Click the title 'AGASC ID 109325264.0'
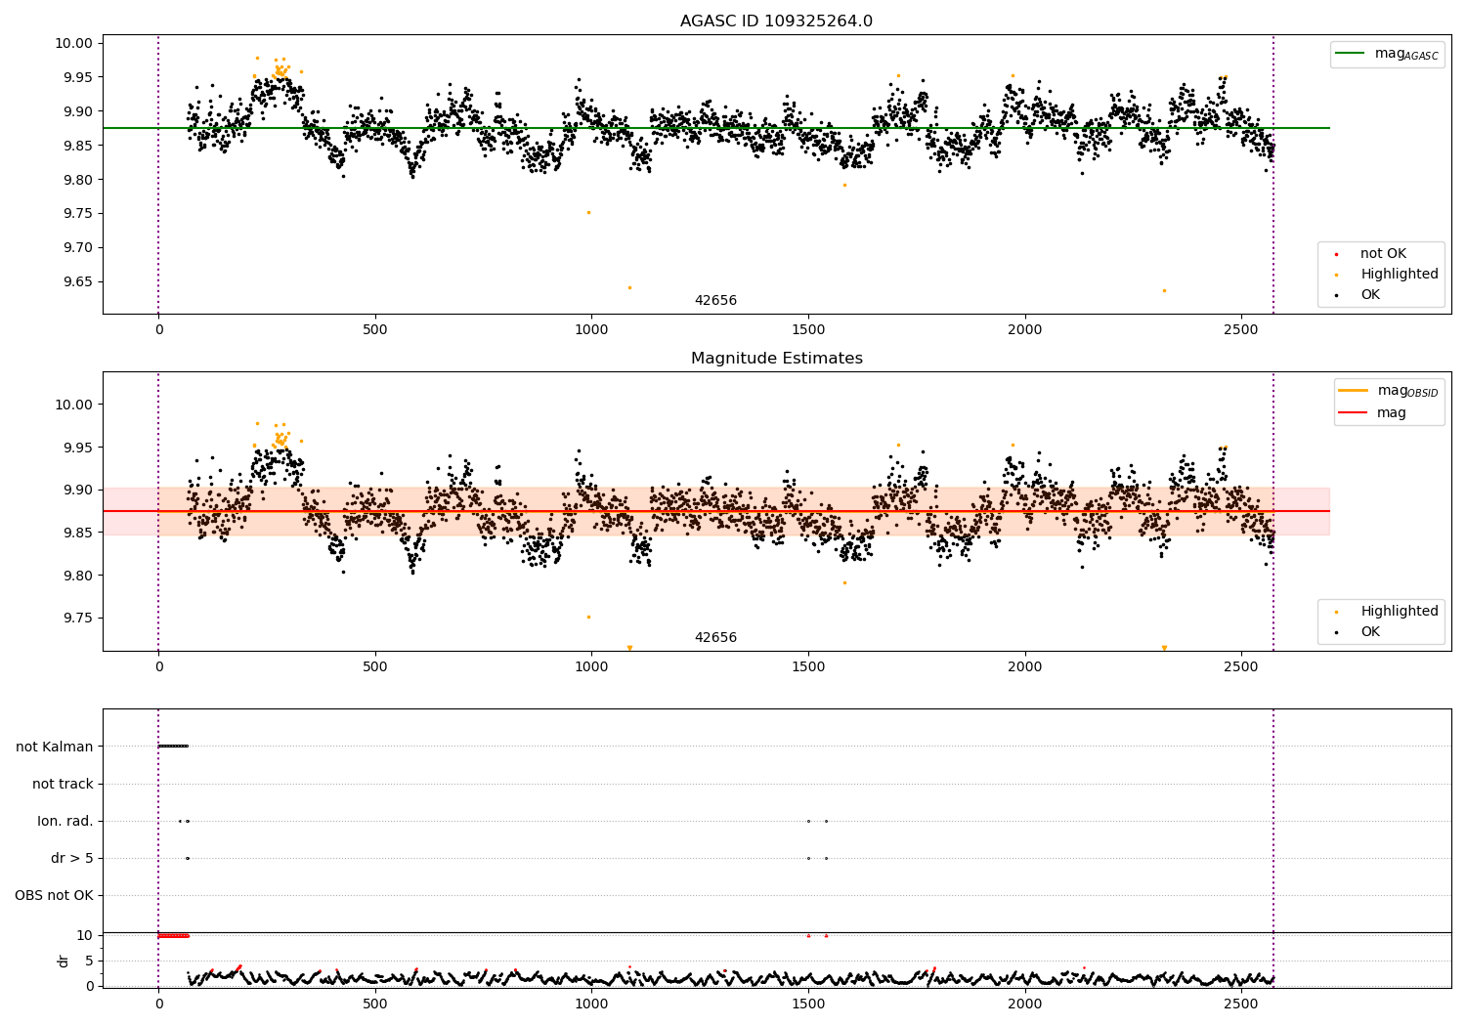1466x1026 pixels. click(776, 21)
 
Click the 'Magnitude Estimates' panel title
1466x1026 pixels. click(776, 359)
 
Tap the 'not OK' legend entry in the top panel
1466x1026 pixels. click(1382, 254)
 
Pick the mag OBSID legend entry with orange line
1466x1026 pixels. click(1388, 391)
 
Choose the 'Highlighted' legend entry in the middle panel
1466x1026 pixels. click(1399, 612)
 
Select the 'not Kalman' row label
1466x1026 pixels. click(55, 747)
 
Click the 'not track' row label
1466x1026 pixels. click(63, 784)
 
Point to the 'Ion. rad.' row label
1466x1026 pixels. click(65, 821)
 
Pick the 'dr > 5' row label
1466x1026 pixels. click(71, 858)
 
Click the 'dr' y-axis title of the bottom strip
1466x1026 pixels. click(64, 961)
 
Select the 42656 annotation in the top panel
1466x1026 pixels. click(715, 301)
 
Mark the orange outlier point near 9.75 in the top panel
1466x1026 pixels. click(588, 212)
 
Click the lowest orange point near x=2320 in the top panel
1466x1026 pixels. click(1164, 290)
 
